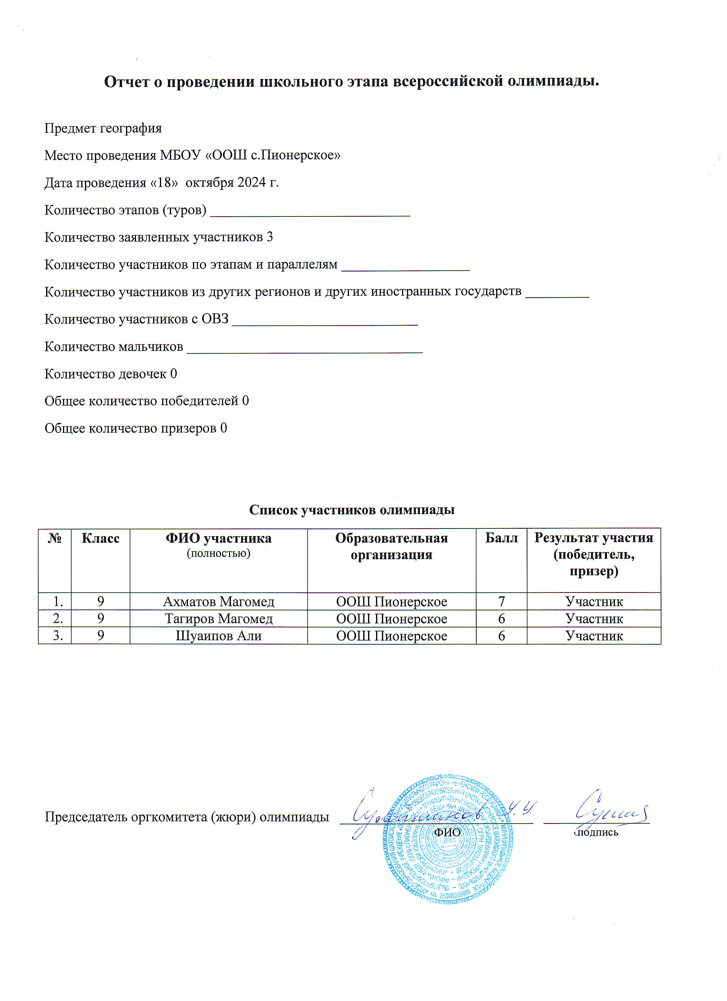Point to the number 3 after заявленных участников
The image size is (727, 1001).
(x=269, y=238)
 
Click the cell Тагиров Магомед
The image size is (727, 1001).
(x=219, y=619)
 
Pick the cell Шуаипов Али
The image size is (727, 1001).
(x=219, y=636)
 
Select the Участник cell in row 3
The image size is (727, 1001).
(x=594, y=636)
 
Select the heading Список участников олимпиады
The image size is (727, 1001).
(x=352, y=510)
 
